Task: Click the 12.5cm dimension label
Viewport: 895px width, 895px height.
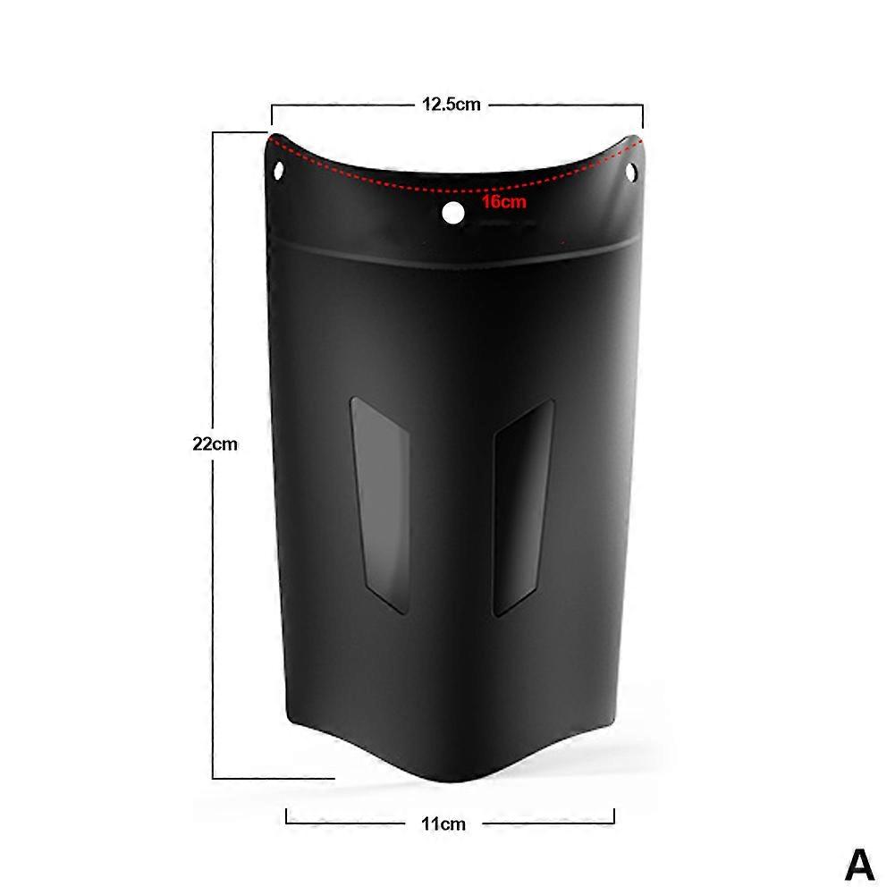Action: [x=452, y=105]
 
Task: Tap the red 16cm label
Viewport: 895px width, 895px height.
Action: [x=503, y=201]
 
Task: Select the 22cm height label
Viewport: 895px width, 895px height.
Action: [x=215, y=443]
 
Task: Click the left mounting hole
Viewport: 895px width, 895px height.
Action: [x=278, y=168]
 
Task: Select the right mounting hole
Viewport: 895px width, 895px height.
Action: [x=632, y=171]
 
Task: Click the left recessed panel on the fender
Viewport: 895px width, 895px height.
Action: [x=381, y=505]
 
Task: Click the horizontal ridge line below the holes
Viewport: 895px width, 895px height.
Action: [x=452, y=256]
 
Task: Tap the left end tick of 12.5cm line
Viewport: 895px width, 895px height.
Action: [x=272, y=115]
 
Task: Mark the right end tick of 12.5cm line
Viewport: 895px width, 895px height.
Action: [x=643, y=115]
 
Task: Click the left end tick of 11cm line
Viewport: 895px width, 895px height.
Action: [x=286, y=816]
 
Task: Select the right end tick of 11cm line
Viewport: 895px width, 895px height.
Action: [x=614, y=816]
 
